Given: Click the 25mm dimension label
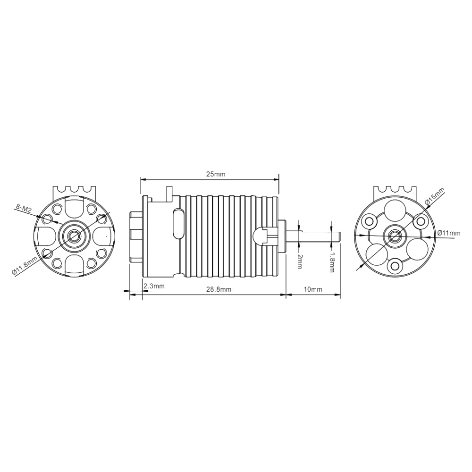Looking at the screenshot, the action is coord(216,174).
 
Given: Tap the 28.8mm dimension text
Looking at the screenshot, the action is coord(219,289).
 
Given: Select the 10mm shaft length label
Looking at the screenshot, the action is coord(313,289).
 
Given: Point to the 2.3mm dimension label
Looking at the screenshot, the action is coord(154,286).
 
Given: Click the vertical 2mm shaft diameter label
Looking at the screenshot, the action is coord(299,261).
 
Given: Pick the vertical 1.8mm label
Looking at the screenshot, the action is coord(331,262).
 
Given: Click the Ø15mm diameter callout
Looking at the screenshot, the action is coord(434,197).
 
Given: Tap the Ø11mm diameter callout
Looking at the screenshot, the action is coord(449,233).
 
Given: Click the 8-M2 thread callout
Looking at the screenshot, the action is coord(23,208).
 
